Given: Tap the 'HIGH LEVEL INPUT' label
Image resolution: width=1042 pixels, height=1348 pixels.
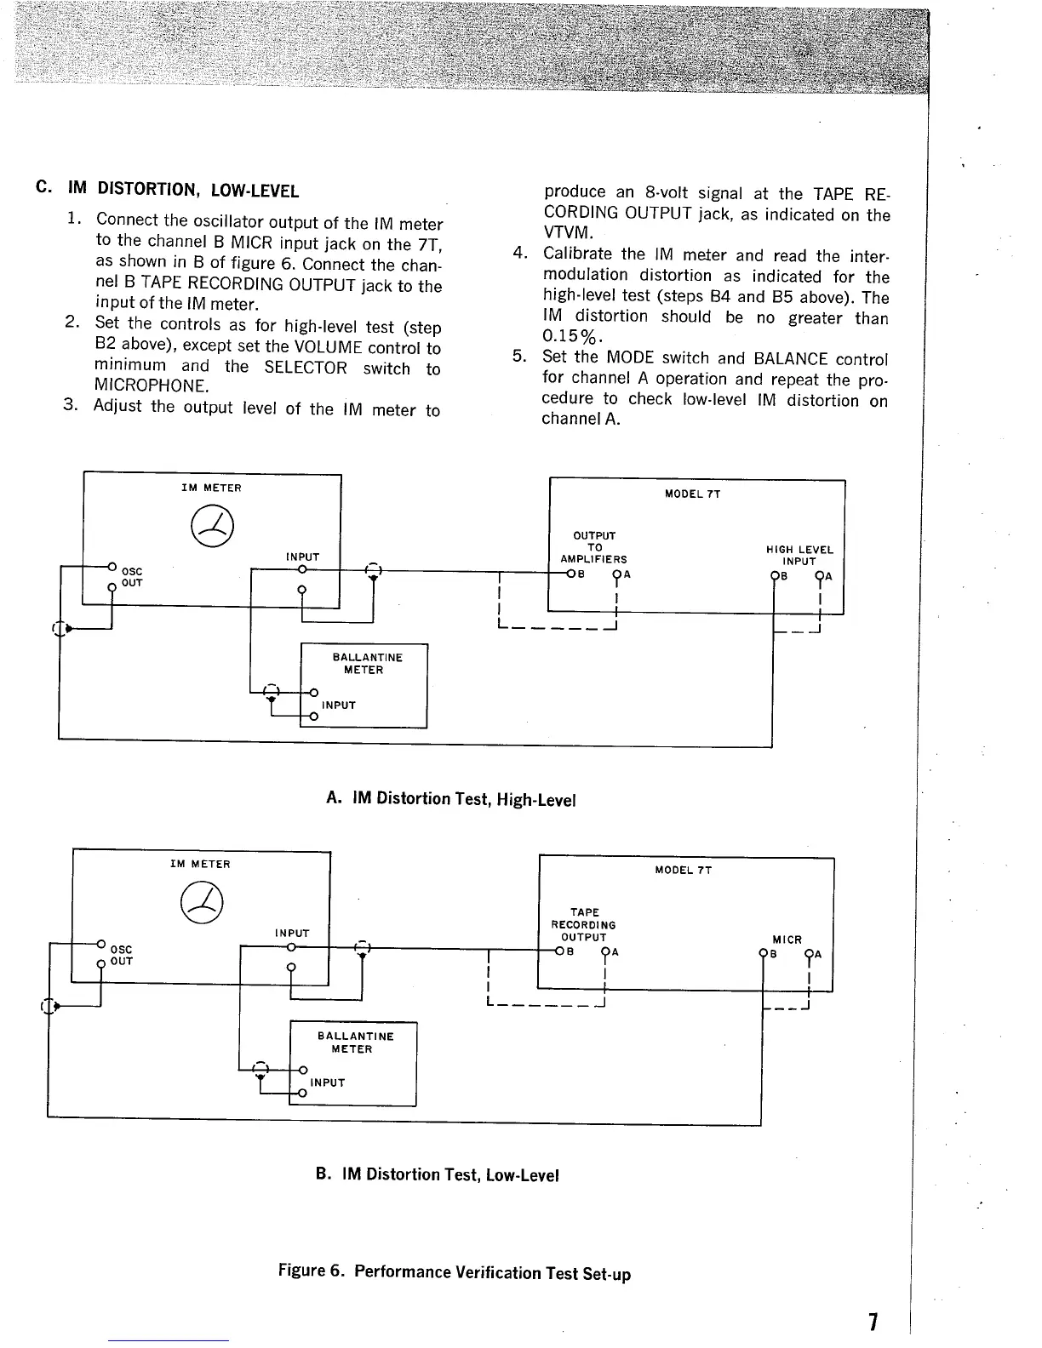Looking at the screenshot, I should coord(799,556).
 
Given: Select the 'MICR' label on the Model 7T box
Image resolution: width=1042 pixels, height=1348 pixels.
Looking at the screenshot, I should coord(787,940).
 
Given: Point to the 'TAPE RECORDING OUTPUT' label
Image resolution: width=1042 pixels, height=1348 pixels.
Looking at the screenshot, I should coord(583,924).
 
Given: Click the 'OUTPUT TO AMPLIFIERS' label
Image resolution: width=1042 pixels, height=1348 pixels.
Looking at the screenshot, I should coord(594,547).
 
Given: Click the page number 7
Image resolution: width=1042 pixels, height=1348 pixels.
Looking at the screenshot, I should coord(873,1322).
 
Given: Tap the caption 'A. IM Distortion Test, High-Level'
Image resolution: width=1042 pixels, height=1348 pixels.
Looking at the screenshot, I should coord(451,799).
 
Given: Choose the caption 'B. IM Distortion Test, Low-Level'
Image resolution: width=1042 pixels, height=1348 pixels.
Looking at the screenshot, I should coord(437,1175).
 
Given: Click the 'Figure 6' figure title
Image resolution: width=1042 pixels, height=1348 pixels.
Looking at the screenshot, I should coord(455,1272).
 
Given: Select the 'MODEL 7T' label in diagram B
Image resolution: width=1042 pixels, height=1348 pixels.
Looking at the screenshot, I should coord(683,870).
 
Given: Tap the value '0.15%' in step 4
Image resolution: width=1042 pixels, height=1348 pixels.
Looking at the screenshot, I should coord(567,339).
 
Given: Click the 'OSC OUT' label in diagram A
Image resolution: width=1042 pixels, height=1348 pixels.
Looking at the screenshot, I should coord(132,577).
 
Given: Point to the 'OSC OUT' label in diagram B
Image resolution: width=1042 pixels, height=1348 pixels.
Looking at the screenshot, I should coord(122,955).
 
